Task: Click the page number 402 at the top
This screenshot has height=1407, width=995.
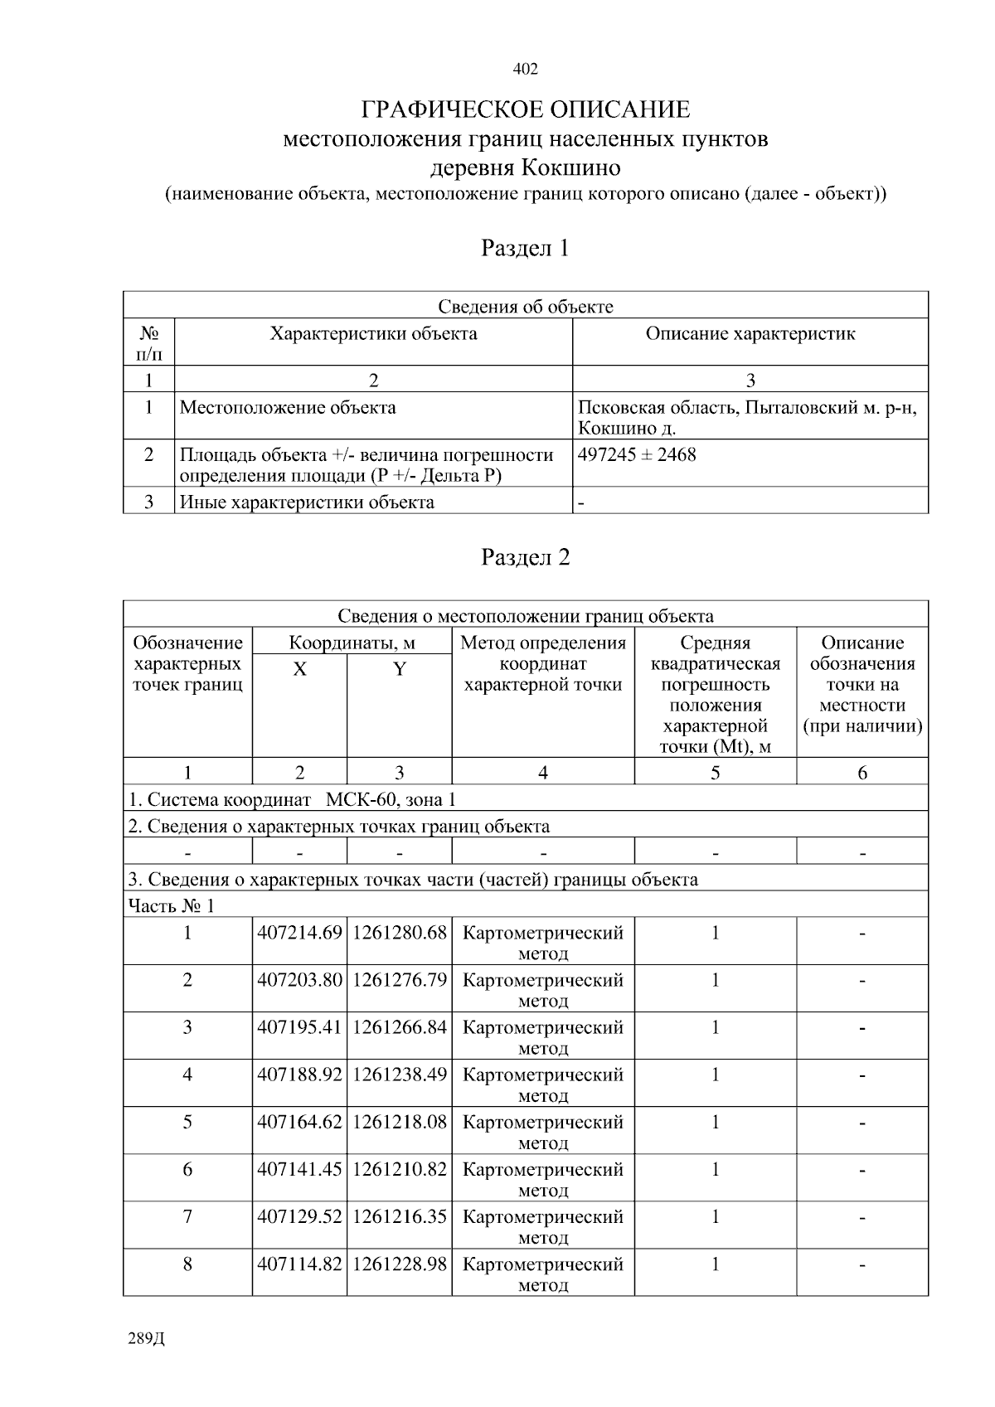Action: [526, 69]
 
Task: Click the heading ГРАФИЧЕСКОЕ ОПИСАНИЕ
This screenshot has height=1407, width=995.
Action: [526, 109]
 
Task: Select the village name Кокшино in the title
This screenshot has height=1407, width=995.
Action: [570, 167]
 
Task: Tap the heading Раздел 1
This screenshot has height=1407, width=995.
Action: [526, 248]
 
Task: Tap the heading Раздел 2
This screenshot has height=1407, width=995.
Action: [526, 557]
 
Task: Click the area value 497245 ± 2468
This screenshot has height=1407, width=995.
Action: [637, 454]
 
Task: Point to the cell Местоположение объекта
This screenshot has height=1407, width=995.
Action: [288, 407]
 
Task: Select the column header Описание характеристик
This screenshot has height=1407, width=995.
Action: [750, 333]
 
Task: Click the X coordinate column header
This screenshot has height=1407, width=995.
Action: [299, 669]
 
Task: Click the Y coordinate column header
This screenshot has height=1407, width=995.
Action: [399, 669]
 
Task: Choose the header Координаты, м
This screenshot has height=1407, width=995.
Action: [352, 643]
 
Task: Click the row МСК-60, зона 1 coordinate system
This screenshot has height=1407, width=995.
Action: [292, 799]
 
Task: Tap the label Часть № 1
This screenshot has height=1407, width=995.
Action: [171, 905]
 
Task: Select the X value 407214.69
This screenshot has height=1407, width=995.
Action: [299, 933]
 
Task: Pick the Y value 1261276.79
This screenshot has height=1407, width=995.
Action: [400, 980]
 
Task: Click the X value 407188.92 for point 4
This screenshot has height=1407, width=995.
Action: [299, 1075]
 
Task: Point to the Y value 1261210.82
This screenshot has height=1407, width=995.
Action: [400, 1169]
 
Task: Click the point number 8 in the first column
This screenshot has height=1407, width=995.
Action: [187, 1264]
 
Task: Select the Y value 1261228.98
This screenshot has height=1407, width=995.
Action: [400, 1264]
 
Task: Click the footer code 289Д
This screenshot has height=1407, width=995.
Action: [147, 1340]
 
